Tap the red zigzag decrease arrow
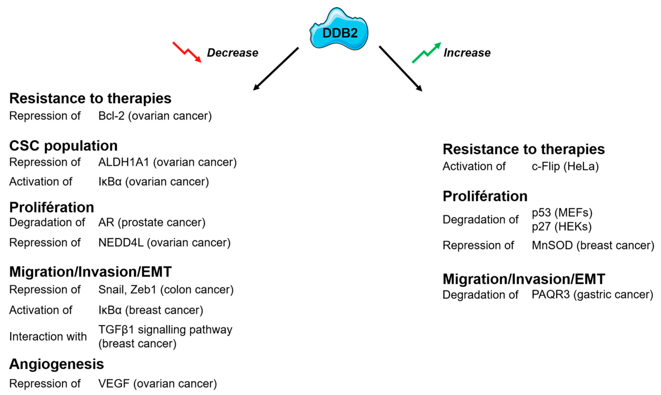pyautogui.click(x=187, y=52)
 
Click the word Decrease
pyautogui.click(x=232, y=53)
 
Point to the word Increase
pyautogui.click(x=467, y=53)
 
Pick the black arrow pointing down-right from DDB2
pyautogui.click(x=401, y=69)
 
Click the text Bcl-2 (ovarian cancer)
pyautogui.click(x=155, y=116)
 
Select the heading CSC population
pyautogui.click(x=63, y=146)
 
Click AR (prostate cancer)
pyautogui.click(x=152, y=222)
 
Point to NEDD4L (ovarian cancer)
pyautogui.click(x=164, y=243)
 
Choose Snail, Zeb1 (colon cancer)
pyautogui.click(x=166, y=290)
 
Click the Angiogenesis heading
pyautogui.click(x=56, y=364)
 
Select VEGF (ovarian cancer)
pyautogui.click(x=157, y=383)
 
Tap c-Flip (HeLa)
pyautogui.click(x=565, y=166)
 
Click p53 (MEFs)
pyautogui.click(x=562, y=212)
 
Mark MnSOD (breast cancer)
pyautogui.click(x=593, y=245)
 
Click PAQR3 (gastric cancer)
pyautogui.click(x=592, y=294)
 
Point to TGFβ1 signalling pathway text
pyautogui.click(x=165, y=330)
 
